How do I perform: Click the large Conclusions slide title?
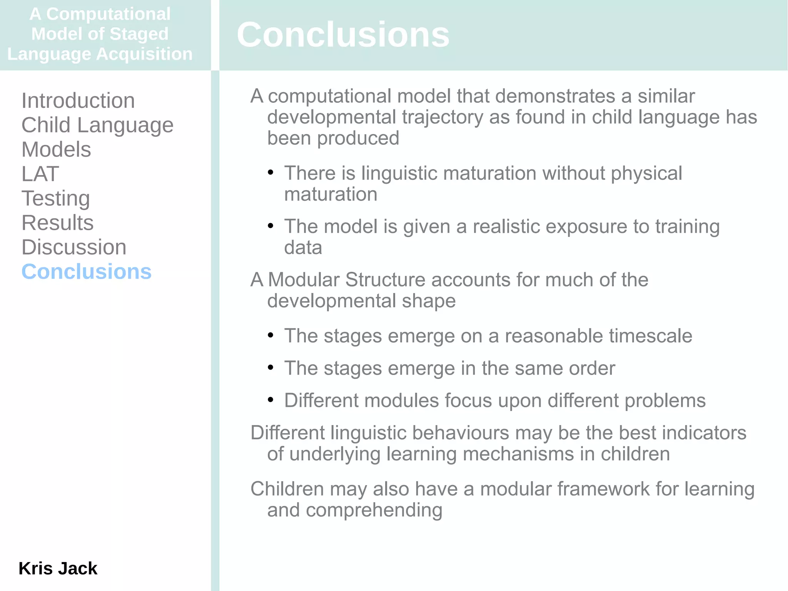343,35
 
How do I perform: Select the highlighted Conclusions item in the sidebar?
87,271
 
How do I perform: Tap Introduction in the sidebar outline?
78,100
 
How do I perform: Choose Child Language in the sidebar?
97,125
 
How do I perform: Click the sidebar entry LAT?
40,174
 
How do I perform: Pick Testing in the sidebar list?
56,198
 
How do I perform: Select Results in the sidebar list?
57,223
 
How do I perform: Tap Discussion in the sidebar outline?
74,247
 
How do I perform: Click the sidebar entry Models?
56,149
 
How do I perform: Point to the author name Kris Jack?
58,568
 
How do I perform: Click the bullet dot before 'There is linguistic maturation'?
270,172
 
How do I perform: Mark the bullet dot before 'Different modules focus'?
270,400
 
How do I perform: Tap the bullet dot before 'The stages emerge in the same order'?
270,368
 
